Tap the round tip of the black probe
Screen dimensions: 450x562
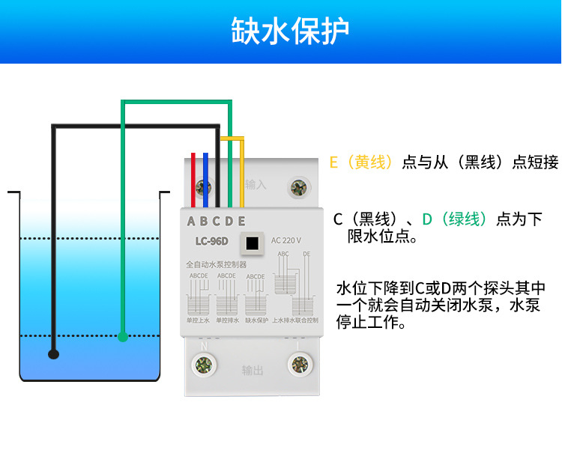[53, 353]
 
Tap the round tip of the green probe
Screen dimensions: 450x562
[123, 337]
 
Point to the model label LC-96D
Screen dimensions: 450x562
[211, 241]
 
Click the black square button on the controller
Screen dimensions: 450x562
[253, 243]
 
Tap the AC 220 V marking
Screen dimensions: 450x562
[286, 240]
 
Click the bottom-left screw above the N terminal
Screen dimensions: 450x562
[202, 365]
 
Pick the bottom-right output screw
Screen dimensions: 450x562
[299, 365]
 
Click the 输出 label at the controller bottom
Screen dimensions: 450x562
[253, 370]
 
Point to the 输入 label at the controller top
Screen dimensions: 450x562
[256, 184]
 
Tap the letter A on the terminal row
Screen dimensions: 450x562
[191, 221]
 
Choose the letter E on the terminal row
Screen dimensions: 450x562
[241, 221]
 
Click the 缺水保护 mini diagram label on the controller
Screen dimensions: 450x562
[256, 320]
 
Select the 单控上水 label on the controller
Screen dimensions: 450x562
[198, 320]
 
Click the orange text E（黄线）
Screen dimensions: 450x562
[361, 162]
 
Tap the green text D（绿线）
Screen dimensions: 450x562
[455, 219]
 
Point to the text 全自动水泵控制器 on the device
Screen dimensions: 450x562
[216, 264]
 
